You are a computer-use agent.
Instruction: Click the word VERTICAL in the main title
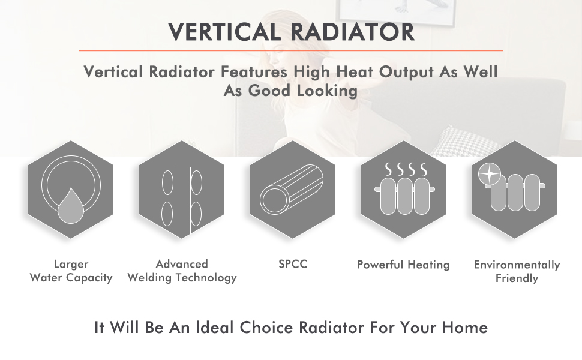[x=224, y=32]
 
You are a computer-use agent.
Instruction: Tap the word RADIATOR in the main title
[x=352, y=32]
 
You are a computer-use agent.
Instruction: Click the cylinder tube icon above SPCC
[x=292, y=188]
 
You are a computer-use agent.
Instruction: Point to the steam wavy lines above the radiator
[x=406, y=169]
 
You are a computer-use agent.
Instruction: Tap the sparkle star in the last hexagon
[x=490, y=174]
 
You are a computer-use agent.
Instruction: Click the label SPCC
[x=293, y=264]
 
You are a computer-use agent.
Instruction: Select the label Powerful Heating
[x=403, y=265]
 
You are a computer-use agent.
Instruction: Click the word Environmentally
[x=517, y=265]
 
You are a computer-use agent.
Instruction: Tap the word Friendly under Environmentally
[x=517, y=278]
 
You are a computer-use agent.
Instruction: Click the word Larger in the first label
[x=71, y=264]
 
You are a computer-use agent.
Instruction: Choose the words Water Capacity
[x=71, y=278]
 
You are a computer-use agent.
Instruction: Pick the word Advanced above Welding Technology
[x=182, y=264]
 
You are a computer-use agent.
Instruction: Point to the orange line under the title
[x=290, y=50]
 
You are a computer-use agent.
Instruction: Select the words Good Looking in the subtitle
[x=303, y=91]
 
